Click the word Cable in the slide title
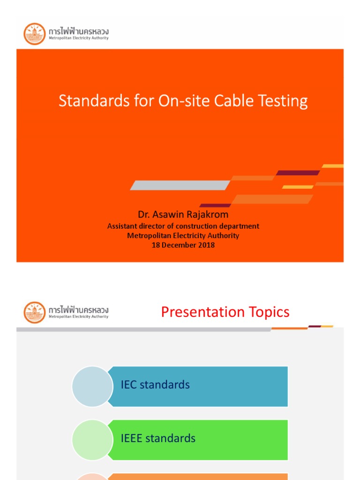tap(236, 101)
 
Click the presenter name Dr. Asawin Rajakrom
tap(183, 215)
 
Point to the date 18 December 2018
tap(183, 245)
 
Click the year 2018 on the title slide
tap(206, 245)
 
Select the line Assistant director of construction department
tap(183, 226)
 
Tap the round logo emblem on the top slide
tap(35, 34)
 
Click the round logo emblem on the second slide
tap(35, 313)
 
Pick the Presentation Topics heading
tap(225, 312)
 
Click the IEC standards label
tap(155, 385)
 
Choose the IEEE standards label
tap(158, 438)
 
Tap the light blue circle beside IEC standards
tap(92, 386)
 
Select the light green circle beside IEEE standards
tap(92, 440)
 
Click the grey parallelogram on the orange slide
tap(180, 185)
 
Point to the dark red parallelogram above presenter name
tap(215, 205)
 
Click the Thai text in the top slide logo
tap(79, 30)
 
